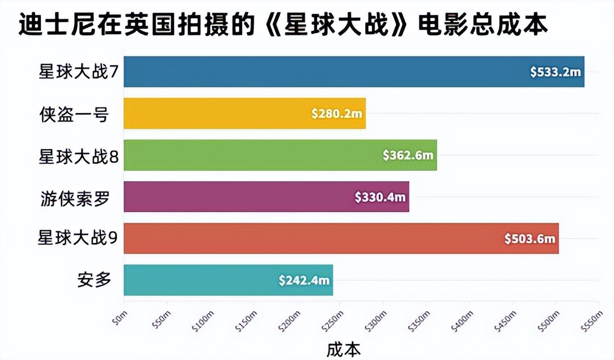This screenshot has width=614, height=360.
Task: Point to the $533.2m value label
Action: [554, 72]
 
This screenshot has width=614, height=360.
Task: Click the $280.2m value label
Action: [336, 114]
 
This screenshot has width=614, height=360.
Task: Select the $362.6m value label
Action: [408, 155]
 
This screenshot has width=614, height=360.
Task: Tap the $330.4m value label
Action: [380, 197]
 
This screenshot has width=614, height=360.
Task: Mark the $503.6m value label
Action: [530, 238]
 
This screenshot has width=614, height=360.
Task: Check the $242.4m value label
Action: [304, 280]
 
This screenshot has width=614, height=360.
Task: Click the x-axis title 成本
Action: [344, 349]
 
